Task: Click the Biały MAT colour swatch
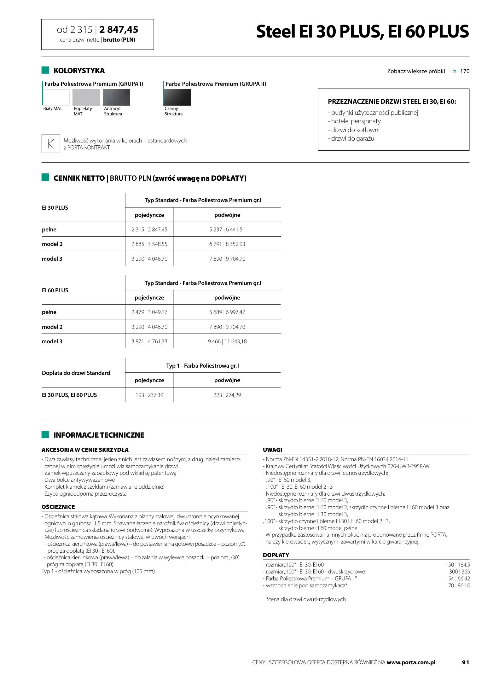56,97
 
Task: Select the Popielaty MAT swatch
86,97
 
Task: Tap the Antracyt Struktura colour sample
116,97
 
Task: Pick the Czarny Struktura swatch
177,97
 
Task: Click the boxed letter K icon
51,144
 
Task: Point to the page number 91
465,662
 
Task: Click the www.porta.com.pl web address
411,662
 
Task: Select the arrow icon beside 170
454,72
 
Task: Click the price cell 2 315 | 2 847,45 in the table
149,230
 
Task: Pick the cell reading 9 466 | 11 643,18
227,341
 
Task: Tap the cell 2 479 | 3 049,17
149,312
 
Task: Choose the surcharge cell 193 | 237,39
149,395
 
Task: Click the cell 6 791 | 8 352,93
227,244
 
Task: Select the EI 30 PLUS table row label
55,208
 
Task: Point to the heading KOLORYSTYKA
79,71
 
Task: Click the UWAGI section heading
273,450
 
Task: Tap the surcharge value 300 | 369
459,572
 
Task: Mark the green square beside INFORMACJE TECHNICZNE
45,434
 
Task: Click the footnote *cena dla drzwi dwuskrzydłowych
305,599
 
